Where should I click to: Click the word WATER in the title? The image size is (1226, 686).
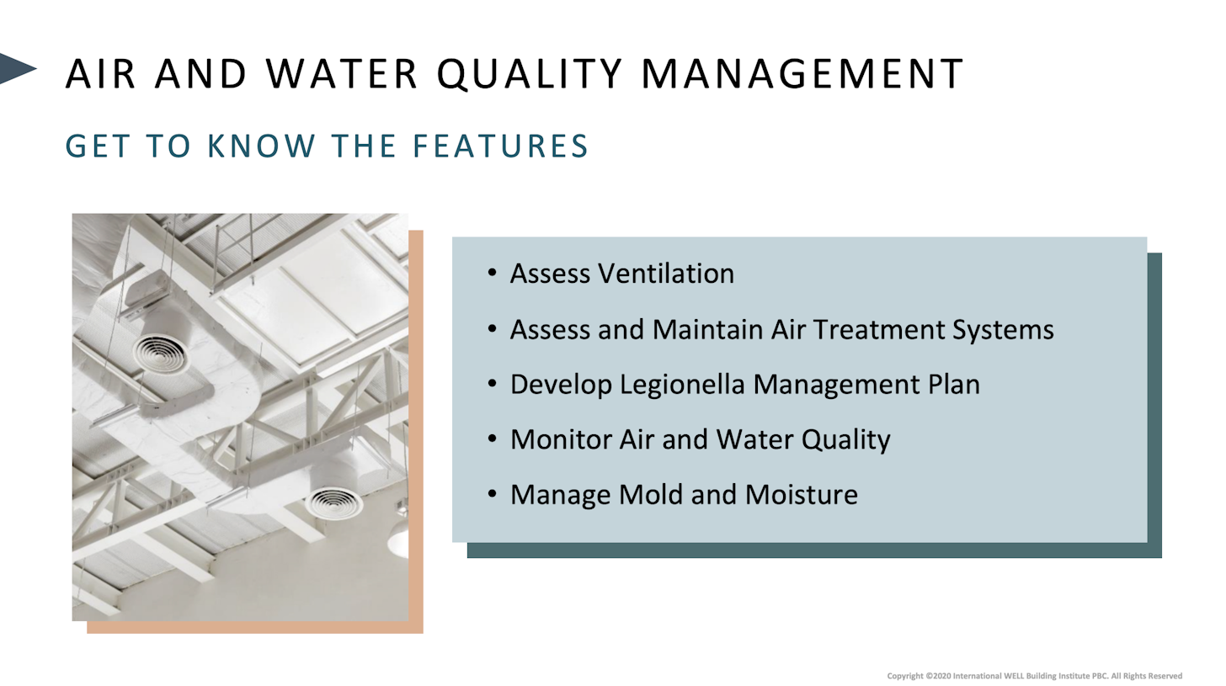click(x=342, y=73)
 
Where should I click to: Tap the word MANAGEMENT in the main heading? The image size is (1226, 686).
click(x=802, y=73)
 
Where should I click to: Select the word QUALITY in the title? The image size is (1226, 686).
click(x=530, y=74)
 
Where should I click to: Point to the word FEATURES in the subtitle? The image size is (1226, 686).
click(x=500, y=146)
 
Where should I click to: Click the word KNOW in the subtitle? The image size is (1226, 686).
click(x=262, y=146)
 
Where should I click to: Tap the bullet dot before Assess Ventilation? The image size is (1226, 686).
click(x=492, y=273)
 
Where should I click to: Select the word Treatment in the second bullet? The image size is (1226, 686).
click(x=878, y=329)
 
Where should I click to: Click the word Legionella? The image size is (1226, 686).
click(x=682, y=384)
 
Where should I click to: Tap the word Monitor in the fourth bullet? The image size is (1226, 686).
click(x=561, y=439)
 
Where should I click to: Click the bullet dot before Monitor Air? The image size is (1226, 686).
click(x=492, y=439)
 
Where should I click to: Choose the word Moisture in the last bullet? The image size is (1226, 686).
click(x=802, y=495)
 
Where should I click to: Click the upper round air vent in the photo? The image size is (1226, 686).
click(x=161, y=354)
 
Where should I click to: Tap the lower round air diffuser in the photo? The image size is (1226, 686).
click(x=333, y=503)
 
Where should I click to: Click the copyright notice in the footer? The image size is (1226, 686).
click(x=1034, y=676)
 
